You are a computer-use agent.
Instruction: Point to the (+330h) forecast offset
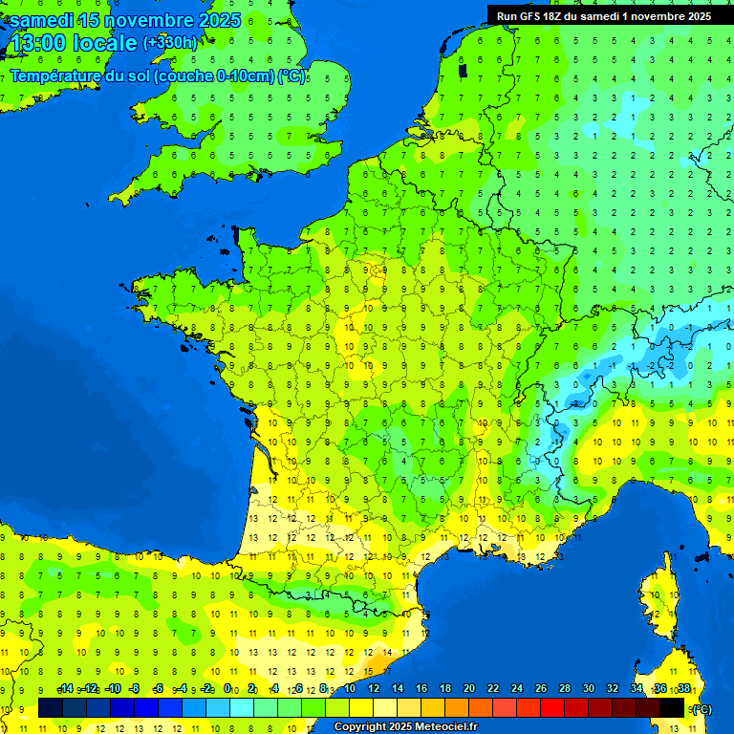(169, 43)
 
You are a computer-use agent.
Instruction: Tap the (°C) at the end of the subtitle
(292, 76)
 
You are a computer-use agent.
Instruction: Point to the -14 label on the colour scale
(65, 689)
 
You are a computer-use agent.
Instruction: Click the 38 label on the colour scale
(684, 689)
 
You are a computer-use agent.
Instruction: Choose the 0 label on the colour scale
(227, 689)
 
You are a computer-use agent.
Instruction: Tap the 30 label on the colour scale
(587, 689)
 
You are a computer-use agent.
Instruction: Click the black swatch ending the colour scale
(672, 708)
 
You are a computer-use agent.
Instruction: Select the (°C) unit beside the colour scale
(701, 709)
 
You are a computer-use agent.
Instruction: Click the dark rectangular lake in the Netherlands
(464, 70)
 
